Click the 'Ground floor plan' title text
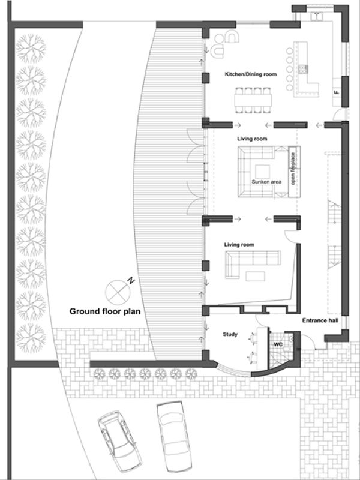click(106, 311)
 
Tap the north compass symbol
click(116, 292)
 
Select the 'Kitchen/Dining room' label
click(250, 74)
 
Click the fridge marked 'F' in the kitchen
click(337, 92)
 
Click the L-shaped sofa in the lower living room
click(250, 263)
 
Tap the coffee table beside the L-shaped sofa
click(256, 277)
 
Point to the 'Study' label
click(231, 335)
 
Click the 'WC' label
click(278, 345)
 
